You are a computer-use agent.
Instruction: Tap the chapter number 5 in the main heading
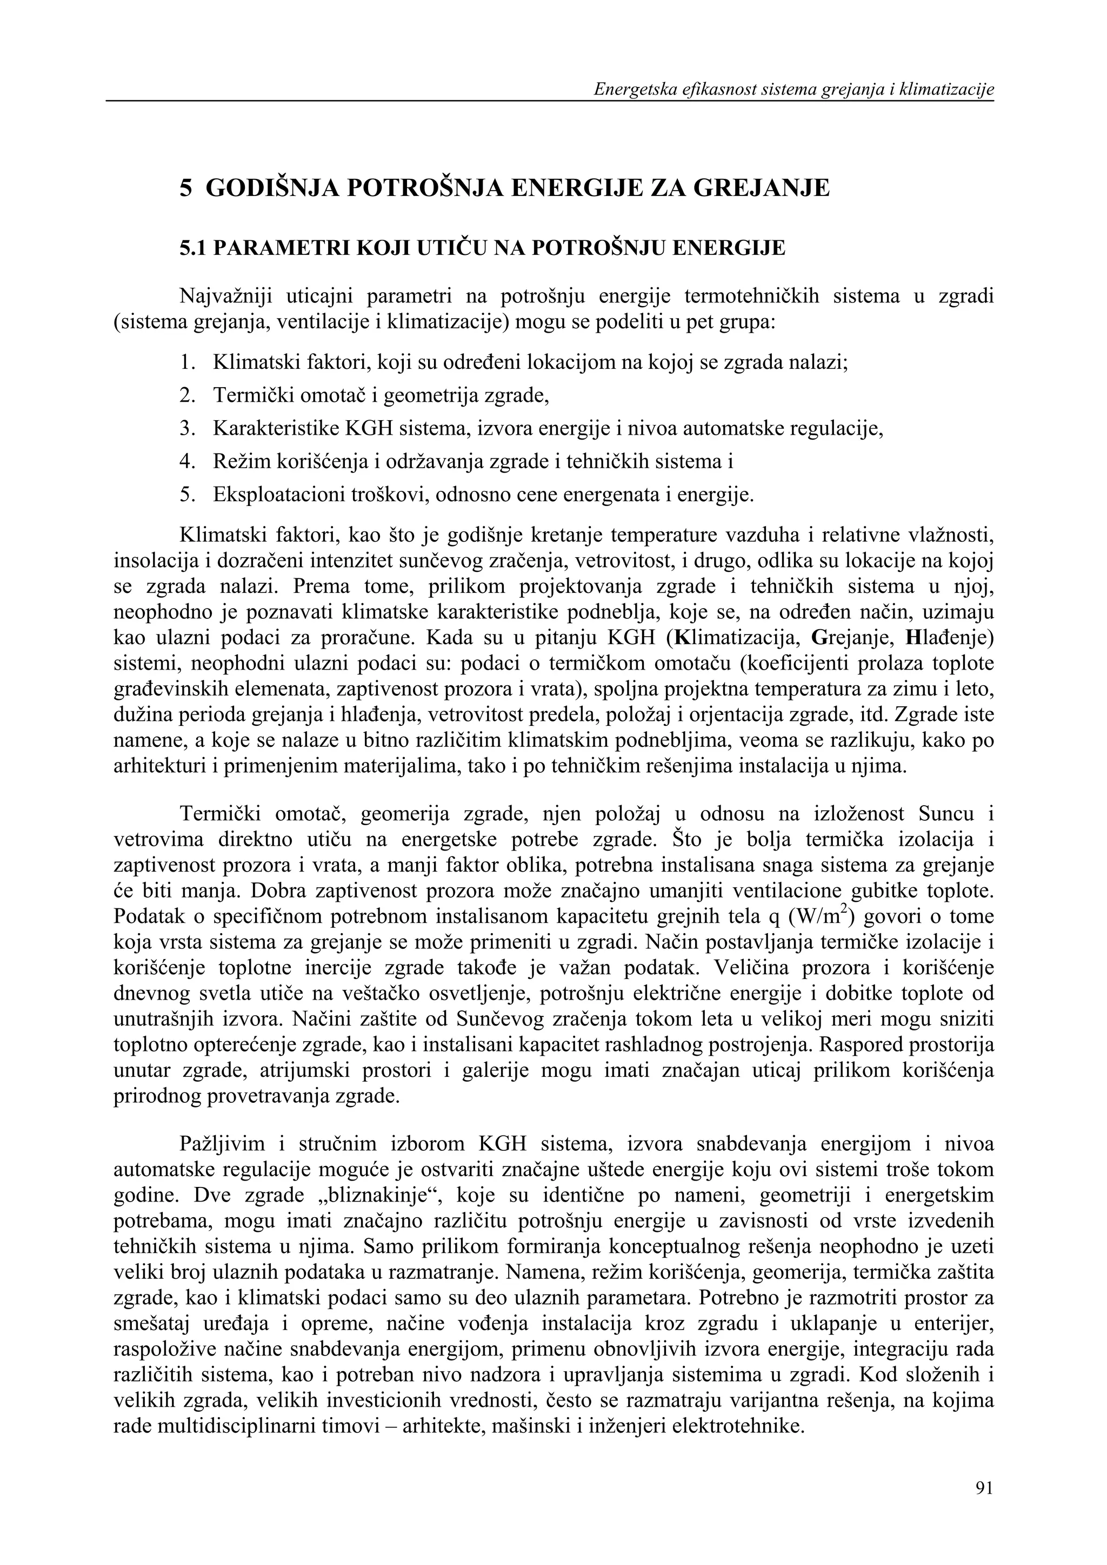[x=185, y=187]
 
